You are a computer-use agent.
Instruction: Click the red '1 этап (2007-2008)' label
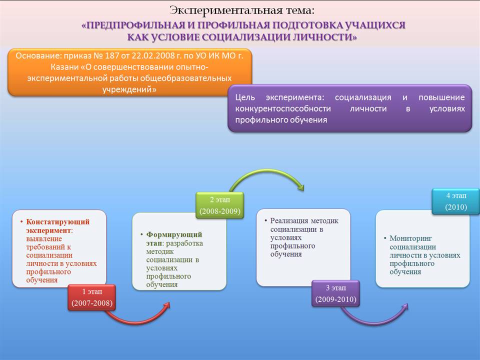click(x=92, y=297)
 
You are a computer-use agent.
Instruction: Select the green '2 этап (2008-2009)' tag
click(x=220, y=205)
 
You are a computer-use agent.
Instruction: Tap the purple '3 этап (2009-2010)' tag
click(x=336, y=293)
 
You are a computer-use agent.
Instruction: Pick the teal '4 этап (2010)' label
click(x=456, y=201)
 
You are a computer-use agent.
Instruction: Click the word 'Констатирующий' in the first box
click(x=58, y=221)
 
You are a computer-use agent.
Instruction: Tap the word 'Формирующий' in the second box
click(x=174, y=234)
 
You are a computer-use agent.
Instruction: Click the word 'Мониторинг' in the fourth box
click(x=410, y=238)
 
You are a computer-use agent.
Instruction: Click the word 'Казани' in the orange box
click(x=64, y=67)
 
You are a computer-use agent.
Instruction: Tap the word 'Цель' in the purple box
click(x=245, y=97)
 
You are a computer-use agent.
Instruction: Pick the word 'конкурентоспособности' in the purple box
click(x=283, y=108)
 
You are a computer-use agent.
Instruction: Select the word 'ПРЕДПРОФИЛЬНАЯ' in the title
click(x=133, y=25)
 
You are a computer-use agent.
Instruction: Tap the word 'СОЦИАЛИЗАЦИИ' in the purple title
click(x=246, y=37)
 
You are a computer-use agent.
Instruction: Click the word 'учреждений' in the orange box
click(x=127, y=89)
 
